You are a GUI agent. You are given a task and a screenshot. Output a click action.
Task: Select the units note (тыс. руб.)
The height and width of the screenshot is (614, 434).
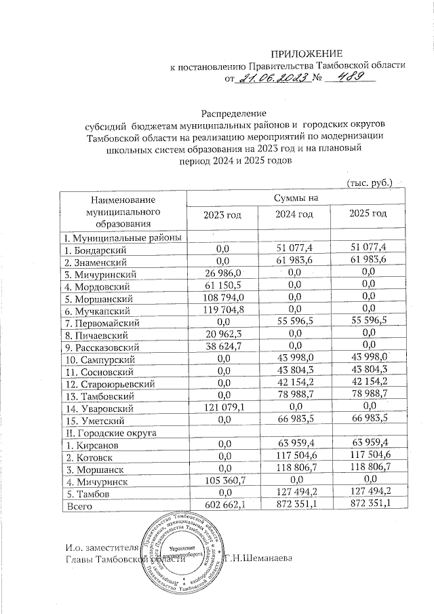[370, 183]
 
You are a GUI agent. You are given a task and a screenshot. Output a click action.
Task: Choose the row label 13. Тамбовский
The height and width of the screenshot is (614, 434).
[99, 396]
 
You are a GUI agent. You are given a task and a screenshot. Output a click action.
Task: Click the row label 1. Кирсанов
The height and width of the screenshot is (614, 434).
[93, 444]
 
